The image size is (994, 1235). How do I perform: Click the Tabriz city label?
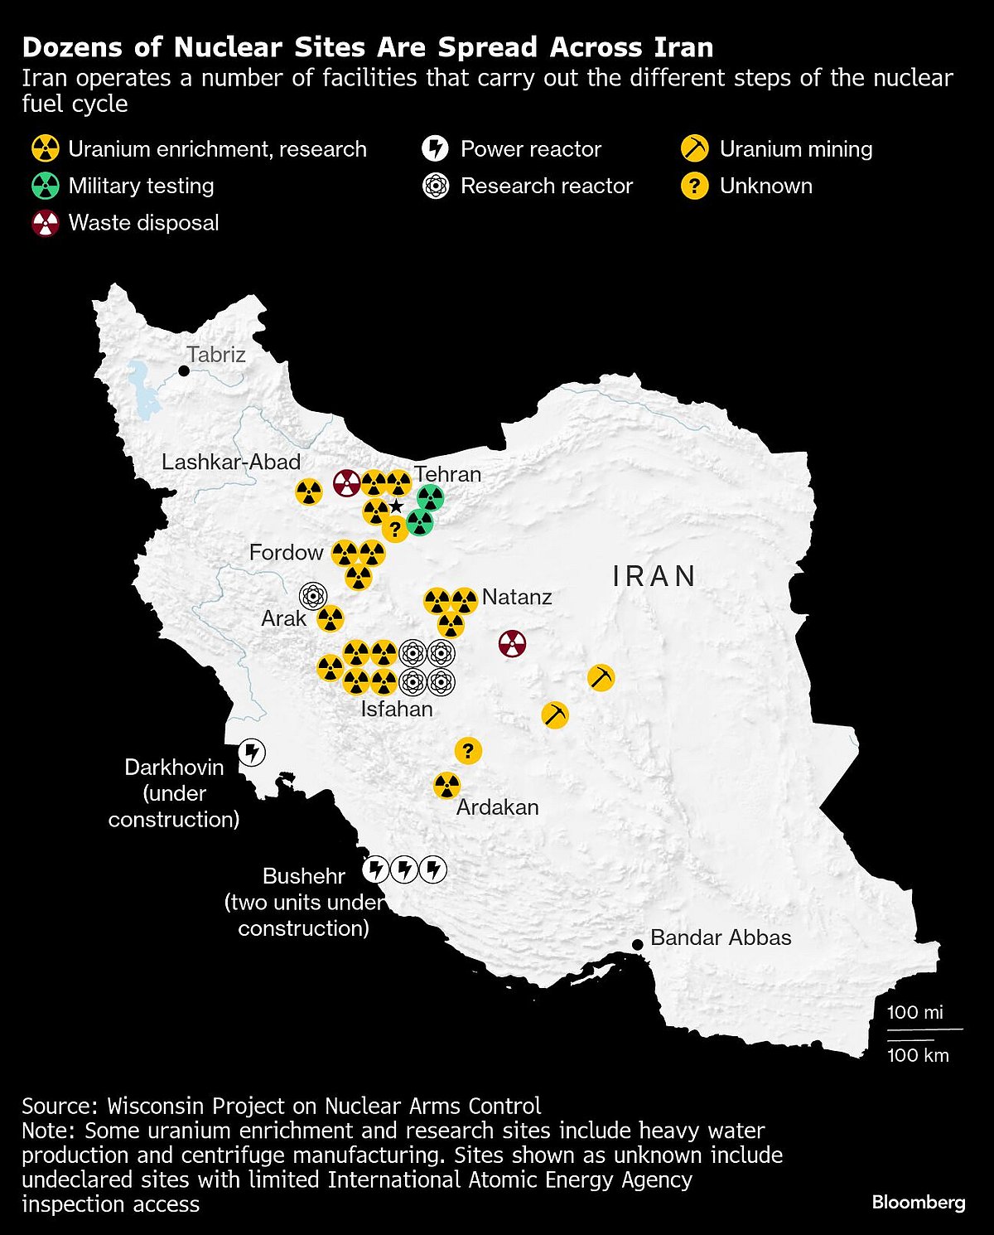216,355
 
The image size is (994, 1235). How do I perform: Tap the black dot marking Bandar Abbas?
637,944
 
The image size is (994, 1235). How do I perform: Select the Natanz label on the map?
517,597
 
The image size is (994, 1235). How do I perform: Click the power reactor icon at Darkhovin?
252,753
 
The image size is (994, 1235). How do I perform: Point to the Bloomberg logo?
919,1202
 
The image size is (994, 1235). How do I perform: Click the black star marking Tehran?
396,506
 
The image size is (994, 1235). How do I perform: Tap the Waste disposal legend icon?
46,223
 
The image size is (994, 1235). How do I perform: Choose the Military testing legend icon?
46,186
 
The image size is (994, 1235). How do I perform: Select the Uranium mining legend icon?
694,149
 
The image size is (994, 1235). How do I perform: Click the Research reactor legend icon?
435,186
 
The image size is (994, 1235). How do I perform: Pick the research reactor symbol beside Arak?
313,595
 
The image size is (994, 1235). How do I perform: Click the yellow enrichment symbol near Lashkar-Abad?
309,492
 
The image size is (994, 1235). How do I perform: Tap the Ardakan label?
497,807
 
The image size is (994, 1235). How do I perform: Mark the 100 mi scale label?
914,1012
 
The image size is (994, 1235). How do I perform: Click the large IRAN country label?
654,576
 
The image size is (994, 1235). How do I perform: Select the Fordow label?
286,553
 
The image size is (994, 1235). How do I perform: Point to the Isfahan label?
397,709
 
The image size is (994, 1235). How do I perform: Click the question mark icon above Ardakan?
468,751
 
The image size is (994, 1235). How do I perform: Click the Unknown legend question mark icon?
694,186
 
